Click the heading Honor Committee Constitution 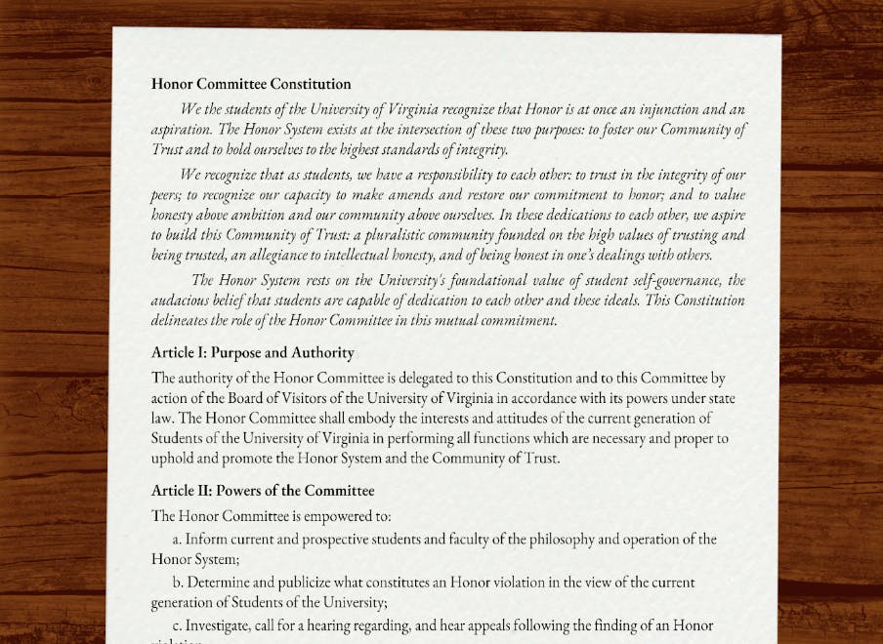pyautogui.click(x=251, y=84)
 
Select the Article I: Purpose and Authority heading pyautogui.click(x=252, y=352)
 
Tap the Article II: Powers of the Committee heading pyautogui.click(x=263, y=490)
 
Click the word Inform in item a pyautogui.click(x=206, y=539)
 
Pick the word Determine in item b pyautogui.click(x=221, y=582)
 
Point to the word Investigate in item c pyautogui.click(x=222, y=624)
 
